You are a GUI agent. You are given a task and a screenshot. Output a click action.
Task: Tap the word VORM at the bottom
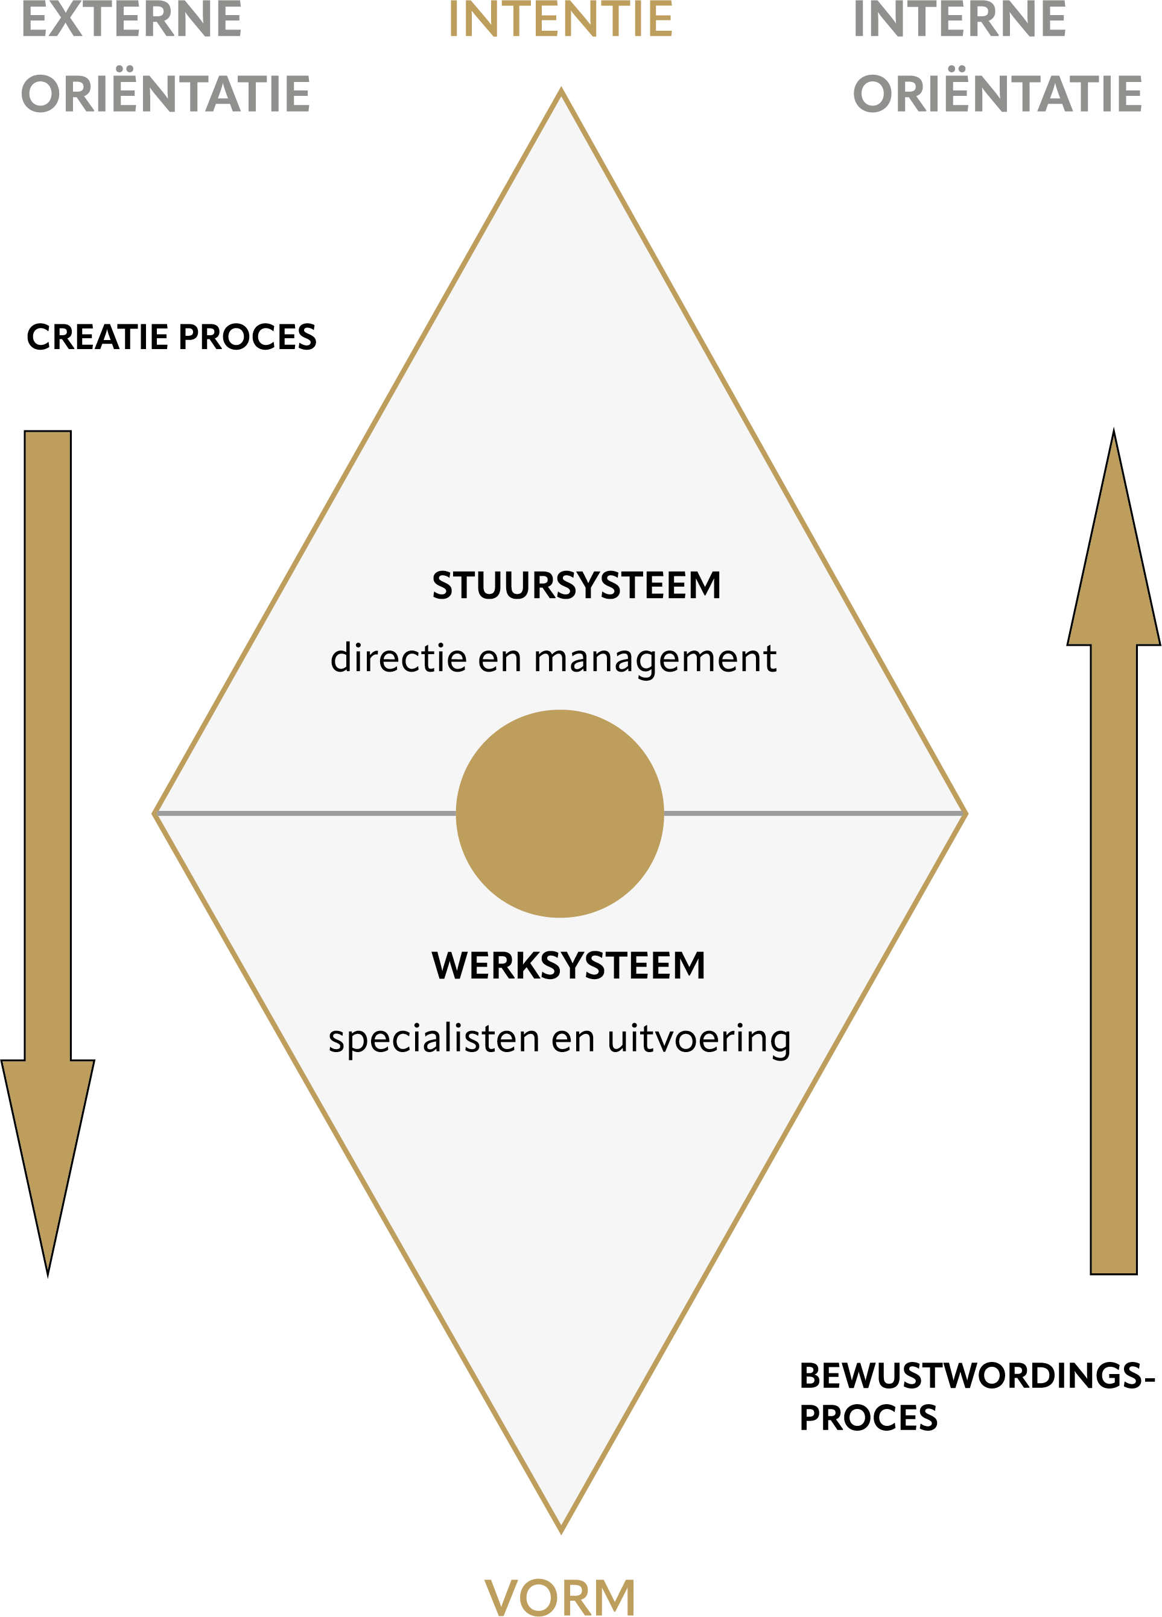pyautogui.click(x=560, y=1597)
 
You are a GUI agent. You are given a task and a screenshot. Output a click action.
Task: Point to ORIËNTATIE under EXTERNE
pyautogui.click(x=166, y=93)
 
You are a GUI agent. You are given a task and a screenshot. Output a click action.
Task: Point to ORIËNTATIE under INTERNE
pyautogui.click(x=997, y=93)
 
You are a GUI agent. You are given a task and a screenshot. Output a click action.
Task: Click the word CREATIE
pyautogui.click(x=97, y=336)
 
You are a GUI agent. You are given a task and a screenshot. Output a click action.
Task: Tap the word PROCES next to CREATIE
pyautogui.click(x=247, y=336)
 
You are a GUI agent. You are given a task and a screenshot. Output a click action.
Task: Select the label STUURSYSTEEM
pyautogui.click(x=576, y=585)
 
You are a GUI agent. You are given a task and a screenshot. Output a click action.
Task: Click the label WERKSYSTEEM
pyautogui.click(x=568, y=966)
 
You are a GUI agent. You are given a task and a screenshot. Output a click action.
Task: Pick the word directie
pyautogui.click(x=399, y=657)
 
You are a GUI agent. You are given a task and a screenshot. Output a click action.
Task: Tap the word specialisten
pyautogui.click(x=434, y=1038)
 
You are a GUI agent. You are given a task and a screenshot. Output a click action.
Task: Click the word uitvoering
pyautogui.click(x=699, y=1039)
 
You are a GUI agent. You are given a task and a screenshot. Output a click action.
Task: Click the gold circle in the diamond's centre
pyautogui.click(x=560, y=813)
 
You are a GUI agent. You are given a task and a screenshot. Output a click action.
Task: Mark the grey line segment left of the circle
pyautogui.click(x=306, y=813)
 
